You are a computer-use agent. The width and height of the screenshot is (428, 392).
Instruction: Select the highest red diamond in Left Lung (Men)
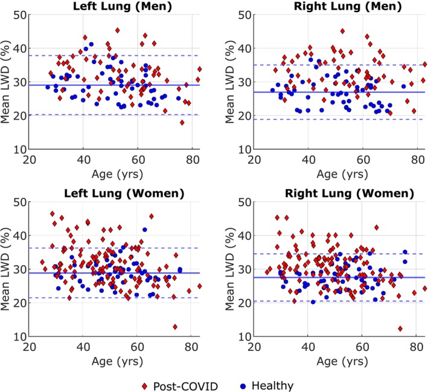pyautogui.click(x=117, y=30)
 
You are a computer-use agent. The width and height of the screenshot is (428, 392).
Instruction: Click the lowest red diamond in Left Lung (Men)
pyautogui.click(x=182, y=123)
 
